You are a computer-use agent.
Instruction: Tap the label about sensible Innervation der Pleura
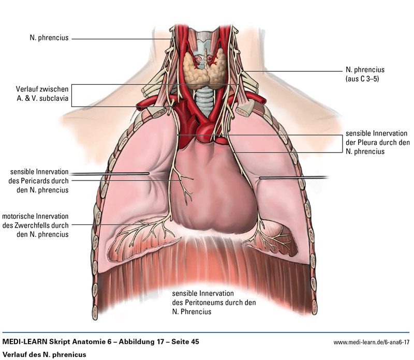pos(377,142)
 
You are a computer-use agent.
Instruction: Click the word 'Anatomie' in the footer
pos(88,342)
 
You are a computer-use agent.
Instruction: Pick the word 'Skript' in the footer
pos(59,342)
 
